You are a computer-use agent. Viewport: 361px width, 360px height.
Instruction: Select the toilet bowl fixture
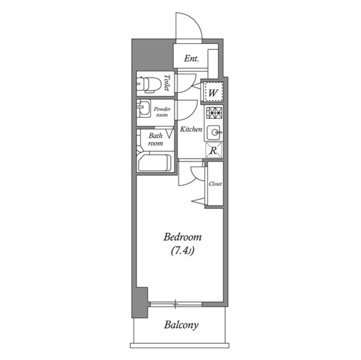(147, 85)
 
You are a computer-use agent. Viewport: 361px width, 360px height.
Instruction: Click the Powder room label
(162, 111)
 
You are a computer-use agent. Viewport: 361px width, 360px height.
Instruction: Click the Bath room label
(156, 139)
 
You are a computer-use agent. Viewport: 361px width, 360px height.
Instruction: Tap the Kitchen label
(191, 130)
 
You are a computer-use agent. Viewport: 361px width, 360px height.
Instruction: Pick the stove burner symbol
(214, 112)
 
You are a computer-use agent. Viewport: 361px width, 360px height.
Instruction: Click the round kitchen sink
(214, 133)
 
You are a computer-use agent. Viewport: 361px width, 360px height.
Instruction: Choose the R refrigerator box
(214, 150)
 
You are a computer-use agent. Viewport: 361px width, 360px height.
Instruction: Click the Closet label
(215, 184)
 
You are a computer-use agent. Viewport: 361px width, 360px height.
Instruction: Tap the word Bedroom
(182, 237)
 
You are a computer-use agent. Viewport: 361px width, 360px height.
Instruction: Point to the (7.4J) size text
(182, 251)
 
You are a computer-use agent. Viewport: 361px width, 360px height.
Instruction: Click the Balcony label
(182, 325)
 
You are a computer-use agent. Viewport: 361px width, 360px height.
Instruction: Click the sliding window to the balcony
(176, 305)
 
